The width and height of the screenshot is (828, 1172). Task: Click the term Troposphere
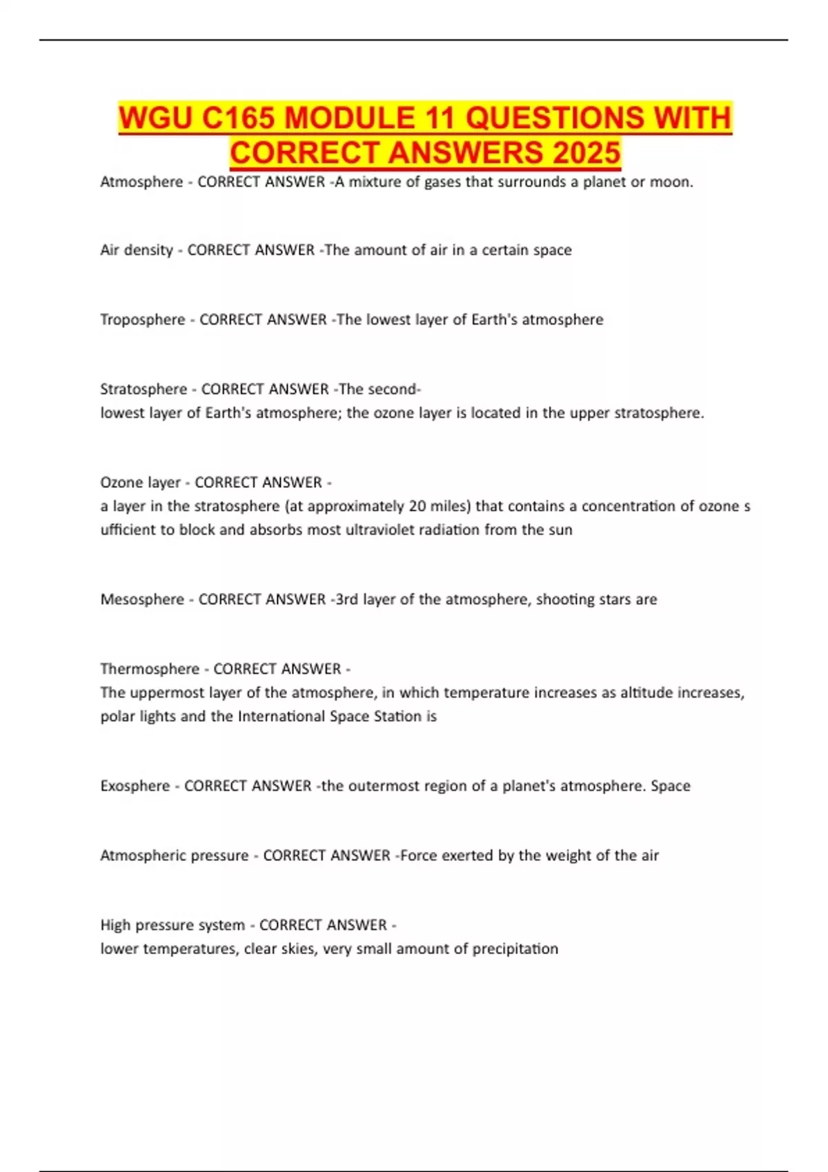tap(143, 320)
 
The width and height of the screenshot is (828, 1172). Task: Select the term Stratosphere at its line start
tap(144, 390)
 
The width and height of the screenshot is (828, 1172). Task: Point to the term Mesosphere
tap(142, 600)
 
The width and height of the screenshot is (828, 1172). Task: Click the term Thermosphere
tap(150, 669)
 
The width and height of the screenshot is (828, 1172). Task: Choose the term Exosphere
tap(135, 786)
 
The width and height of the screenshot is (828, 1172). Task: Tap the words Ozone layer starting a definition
tap(140, 483)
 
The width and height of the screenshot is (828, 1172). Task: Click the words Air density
tap(137, 250)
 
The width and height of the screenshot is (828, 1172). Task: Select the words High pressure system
tap(172, 925)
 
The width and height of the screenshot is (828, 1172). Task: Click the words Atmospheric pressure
tap(174, 856)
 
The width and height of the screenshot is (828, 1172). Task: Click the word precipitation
tap(515, 949)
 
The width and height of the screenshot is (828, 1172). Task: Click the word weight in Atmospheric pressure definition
tap(568, 856)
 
